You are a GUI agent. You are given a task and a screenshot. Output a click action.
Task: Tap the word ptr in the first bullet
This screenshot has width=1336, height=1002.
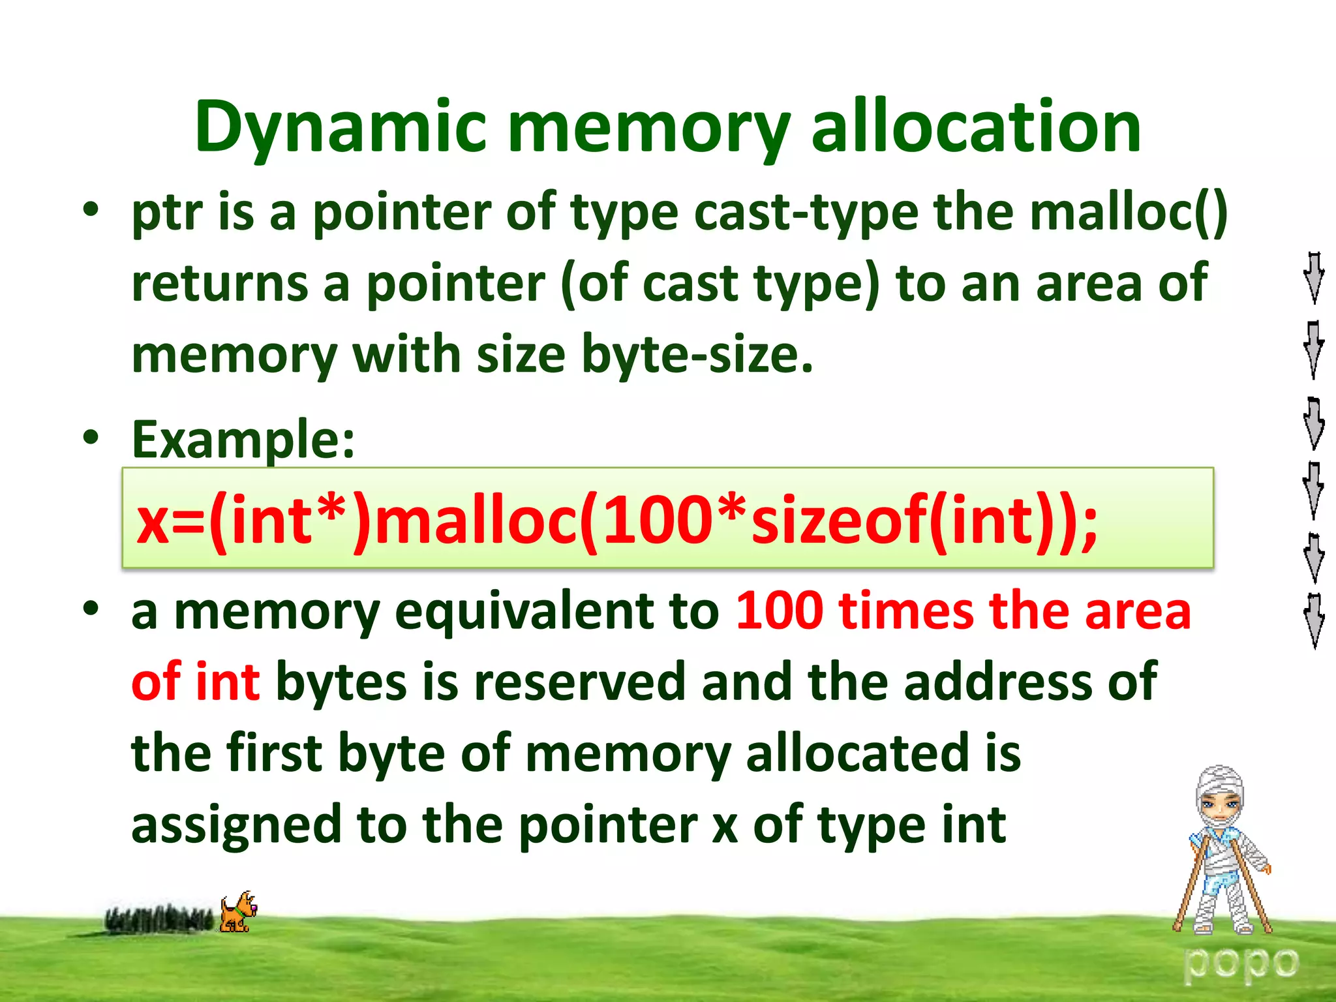coord(166,213)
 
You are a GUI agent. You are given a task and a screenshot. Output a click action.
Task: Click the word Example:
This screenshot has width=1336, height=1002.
coord(243,440)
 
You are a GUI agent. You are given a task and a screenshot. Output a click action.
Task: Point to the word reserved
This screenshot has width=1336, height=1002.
coord(579,682)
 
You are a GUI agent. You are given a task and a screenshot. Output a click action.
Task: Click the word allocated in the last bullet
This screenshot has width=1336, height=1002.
coord(857,753)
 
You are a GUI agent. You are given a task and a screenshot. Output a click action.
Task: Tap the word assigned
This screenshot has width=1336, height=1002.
coord(236,825)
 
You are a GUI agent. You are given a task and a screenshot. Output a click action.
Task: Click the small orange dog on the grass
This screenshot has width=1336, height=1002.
coord(237,912)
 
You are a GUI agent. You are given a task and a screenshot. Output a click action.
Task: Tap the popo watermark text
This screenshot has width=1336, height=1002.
coord(1241,963)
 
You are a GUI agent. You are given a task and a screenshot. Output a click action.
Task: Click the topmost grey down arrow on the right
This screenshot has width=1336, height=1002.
coord(1313,277)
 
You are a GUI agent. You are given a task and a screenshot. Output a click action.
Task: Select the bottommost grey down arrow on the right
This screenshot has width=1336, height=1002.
coord(1313,620)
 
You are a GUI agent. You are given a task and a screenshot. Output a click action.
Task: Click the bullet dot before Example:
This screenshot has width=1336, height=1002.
coord(91,436)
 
